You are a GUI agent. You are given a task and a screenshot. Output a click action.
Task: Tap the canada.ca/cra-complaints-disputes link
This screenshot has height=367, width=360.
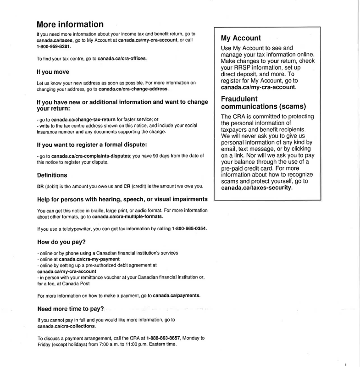click(88, 156)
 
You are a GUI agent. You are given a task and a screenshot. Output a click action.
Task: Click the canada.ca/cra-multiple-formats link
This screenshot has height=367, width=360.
click(127, 216)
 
